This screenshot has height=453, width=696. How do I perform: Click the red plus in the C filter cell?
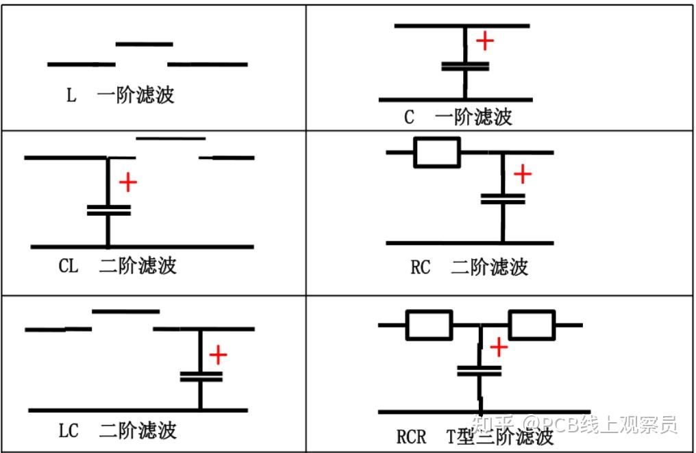[484, 41]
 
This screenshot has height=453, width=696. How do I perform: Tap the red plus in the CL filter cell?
[128, 182]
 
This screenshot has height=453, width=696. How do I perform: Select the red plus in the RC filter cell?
[523, 174]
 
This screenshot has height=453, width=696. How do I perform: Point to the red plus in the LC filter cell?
[218, 355]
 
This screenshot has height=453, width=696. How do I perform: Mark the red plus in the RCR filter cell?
[499, 347]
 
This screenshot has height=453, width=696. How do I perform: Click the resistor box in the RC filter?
[436, 152]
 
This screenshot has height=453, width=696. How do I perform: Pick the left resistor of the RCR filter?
[429, 325]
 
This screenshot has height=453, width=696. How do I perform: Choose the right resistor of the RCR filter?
[531, 325]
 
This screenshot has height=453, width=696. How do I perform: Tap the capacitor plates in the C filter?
[465, 66]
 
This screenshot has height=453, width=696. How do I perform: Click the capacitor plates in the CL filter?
[108, 210]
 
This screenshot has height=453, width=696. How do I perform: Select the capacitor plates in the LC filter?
[201, 376]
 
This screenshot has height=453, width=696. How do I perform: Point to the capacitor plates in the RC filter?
[502, 199]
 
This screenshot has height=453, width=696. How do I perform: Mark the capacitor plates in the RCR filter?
[480, 371]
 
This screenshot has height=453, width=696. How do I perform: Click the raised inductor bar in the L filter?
[144, 45]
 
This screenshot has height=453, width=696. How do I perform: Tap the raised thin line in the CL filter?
[171, 138]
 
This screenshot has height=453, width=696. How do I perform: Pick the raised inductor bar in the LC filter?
[125, 312]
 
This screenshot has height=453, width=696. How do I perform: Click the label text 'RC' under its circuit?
[420, 267]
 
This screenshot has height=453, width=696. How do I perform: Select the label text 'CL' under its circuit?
[69, 266]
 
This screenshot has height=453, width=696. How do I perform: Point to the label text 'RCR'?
[411, 437]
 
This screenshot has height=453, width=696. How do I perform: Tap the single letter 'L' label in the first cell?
[71, 95]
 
